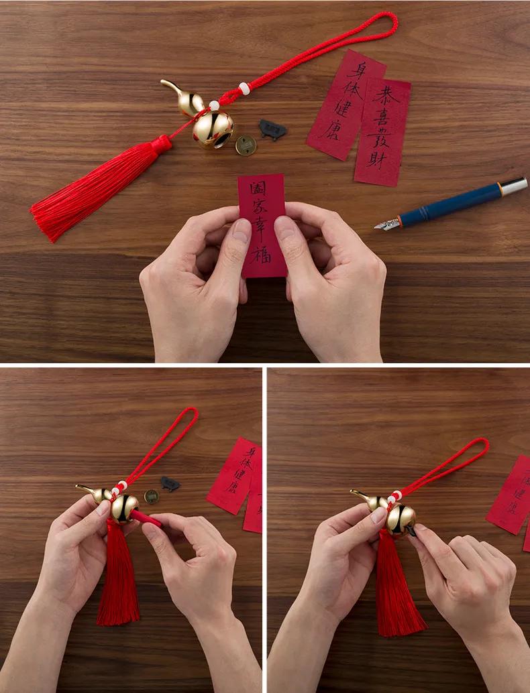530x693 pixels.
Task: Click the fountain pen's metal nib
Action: [x=387, y=224]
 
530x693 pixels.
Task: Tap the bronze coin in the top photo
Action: [x=246, y=145]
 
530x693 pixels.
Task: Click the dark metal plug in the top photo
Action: [x=272, y=129]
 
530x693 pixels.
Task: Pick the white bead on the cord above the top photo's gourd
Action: [x=244, y=88]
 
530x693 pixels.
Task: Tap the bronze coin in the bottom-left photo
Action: [x=152, y=497]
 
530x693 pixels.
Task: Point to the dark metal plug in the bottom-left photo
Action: [x=170, y=483]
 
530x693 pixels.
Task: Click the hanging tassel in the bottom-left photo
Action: [x=117, y=576]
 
